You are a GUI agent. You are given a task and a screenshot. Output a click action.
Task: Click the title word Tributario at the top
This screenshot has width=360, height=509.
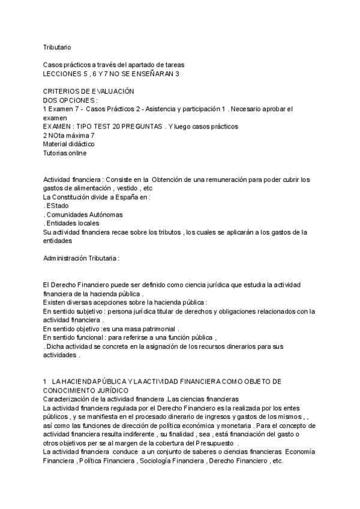58,46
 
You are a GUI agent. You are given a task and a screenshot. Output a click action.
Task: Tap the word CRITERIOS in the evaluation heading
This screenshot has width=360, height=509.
60,91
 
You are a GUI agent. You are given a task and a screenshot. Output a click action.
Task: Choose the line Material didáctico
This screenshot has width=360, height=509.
68,145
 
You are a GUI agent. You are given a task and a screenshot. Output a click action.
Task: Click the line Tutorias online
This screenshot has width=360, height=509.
65,153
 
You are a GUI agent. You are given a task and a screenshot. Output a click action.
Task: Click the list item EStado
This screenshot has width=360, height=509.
58,206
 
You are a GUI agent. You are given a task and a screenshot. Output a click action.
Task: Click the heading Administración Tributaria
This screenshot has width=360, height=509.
81,258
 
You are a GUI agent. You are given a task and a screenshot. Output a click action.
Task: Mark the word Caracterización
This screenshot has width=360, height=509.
68,399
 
